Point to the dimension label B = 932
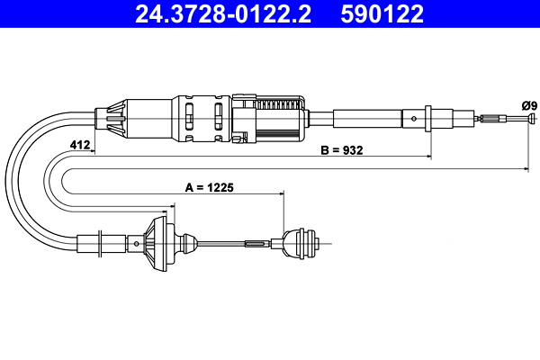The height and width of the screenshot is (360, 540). point(342,151)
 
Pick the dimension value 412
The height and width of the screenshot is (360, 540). point(80,144)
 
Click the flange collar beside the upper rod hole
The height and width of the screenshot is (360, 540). point(429,117)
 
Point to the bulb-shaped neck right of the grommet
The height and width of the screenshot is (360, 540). point(186,243)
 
